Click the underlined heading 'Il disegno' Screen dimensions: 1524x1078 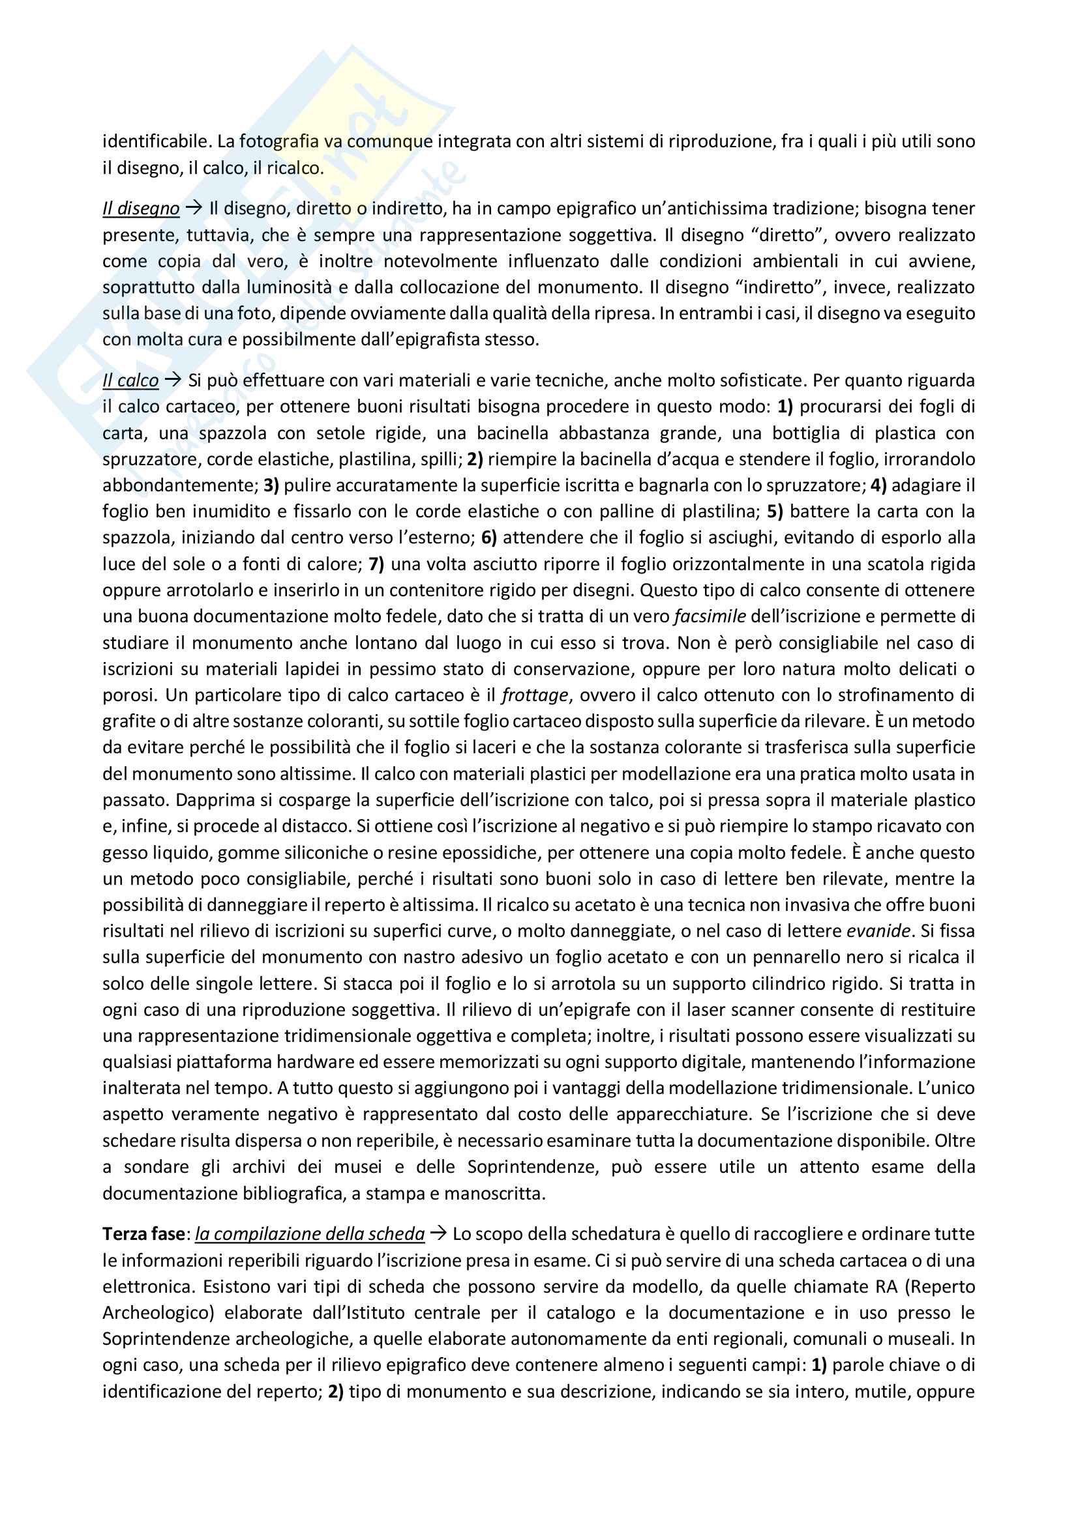(x=141, y=208)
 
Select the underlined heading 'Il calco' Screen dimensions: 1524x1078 (x=131, y=381)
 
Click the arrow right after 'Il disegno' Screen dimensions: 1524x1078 (x=193, y=208)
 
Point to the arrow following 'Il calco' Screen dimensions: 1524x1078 (x=173, y=381)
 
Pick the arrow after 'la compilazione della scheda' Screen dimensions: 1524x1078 (x=438, y=1234)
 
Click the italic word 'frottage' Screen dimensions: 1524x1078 (x=535, y=695)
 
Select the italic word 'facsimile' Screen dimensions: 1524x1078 (x=710, y=616)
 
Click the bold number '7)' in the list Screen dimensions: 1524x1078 (x=376, y=564)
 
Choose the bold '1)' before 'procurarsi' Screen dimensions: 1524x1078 (x=786, y=407)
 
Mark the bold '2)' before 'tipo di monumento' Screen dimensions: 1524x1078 (x=336, y=1391)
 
